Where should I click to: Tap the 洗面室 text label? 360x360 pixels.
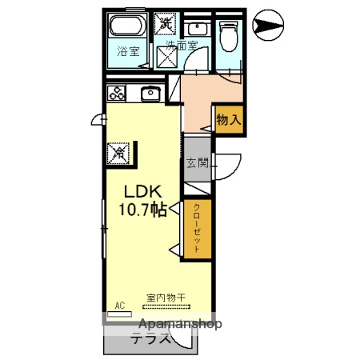pos(183,46)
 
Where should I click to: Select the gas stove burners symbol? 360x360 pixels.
pos(116,92)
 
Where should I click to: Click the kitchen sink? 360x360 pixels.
pos(150,94)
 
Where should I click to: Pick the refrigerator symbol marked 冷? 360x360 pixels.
pos(118,150)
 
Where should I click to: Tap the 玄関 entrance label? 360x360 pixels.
pos(197,163)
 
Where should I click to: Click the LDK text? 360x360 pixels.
pos(144,193)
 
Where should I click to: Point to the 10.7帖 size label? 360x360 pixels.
pos(144,210)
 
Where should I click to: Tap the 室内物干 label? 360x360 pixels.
pos(166,298)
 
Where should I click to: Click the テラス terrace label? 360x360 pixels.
pos(151,338)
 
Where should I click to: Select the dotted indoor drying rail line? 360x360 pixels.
pos(166,306)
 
